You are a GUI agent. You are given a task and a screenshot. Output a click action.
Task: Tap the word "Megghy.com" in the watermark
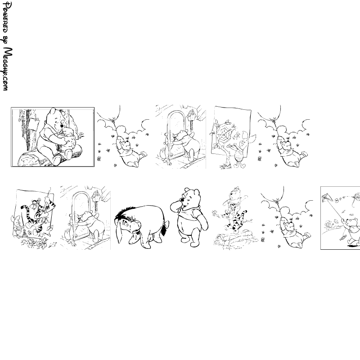pos(7,69)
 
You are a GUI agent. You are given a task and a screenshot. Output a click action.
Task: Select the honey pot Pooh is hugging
pos(68,139)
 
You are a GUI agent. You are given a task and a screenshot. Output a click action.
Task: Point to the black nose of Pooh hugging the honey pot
pos(62,126)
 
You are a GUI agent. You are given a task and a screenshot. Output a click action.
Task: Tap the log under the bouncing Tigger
pos(234,239)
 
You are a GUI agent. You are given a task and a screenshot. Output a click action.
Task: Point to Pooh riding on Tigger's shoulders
pos(234,196)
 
